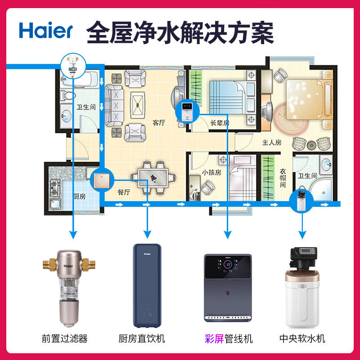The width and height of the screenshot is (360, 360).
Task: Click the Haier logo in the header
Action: tap(45, 30)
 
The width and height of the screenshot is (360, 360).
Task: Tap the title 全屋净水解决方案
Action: tap(180, 30)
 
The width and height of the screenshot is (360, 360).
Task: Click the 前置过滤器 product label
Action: tap(70, 338)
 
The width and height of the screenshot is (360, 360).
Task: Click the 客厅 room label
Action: tap(159, 122)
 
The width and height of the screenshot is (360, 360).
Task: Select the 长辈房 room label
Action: tap(220, 122)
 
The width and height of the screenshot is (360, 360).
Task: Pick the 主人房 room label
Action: tap(272, 143)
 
